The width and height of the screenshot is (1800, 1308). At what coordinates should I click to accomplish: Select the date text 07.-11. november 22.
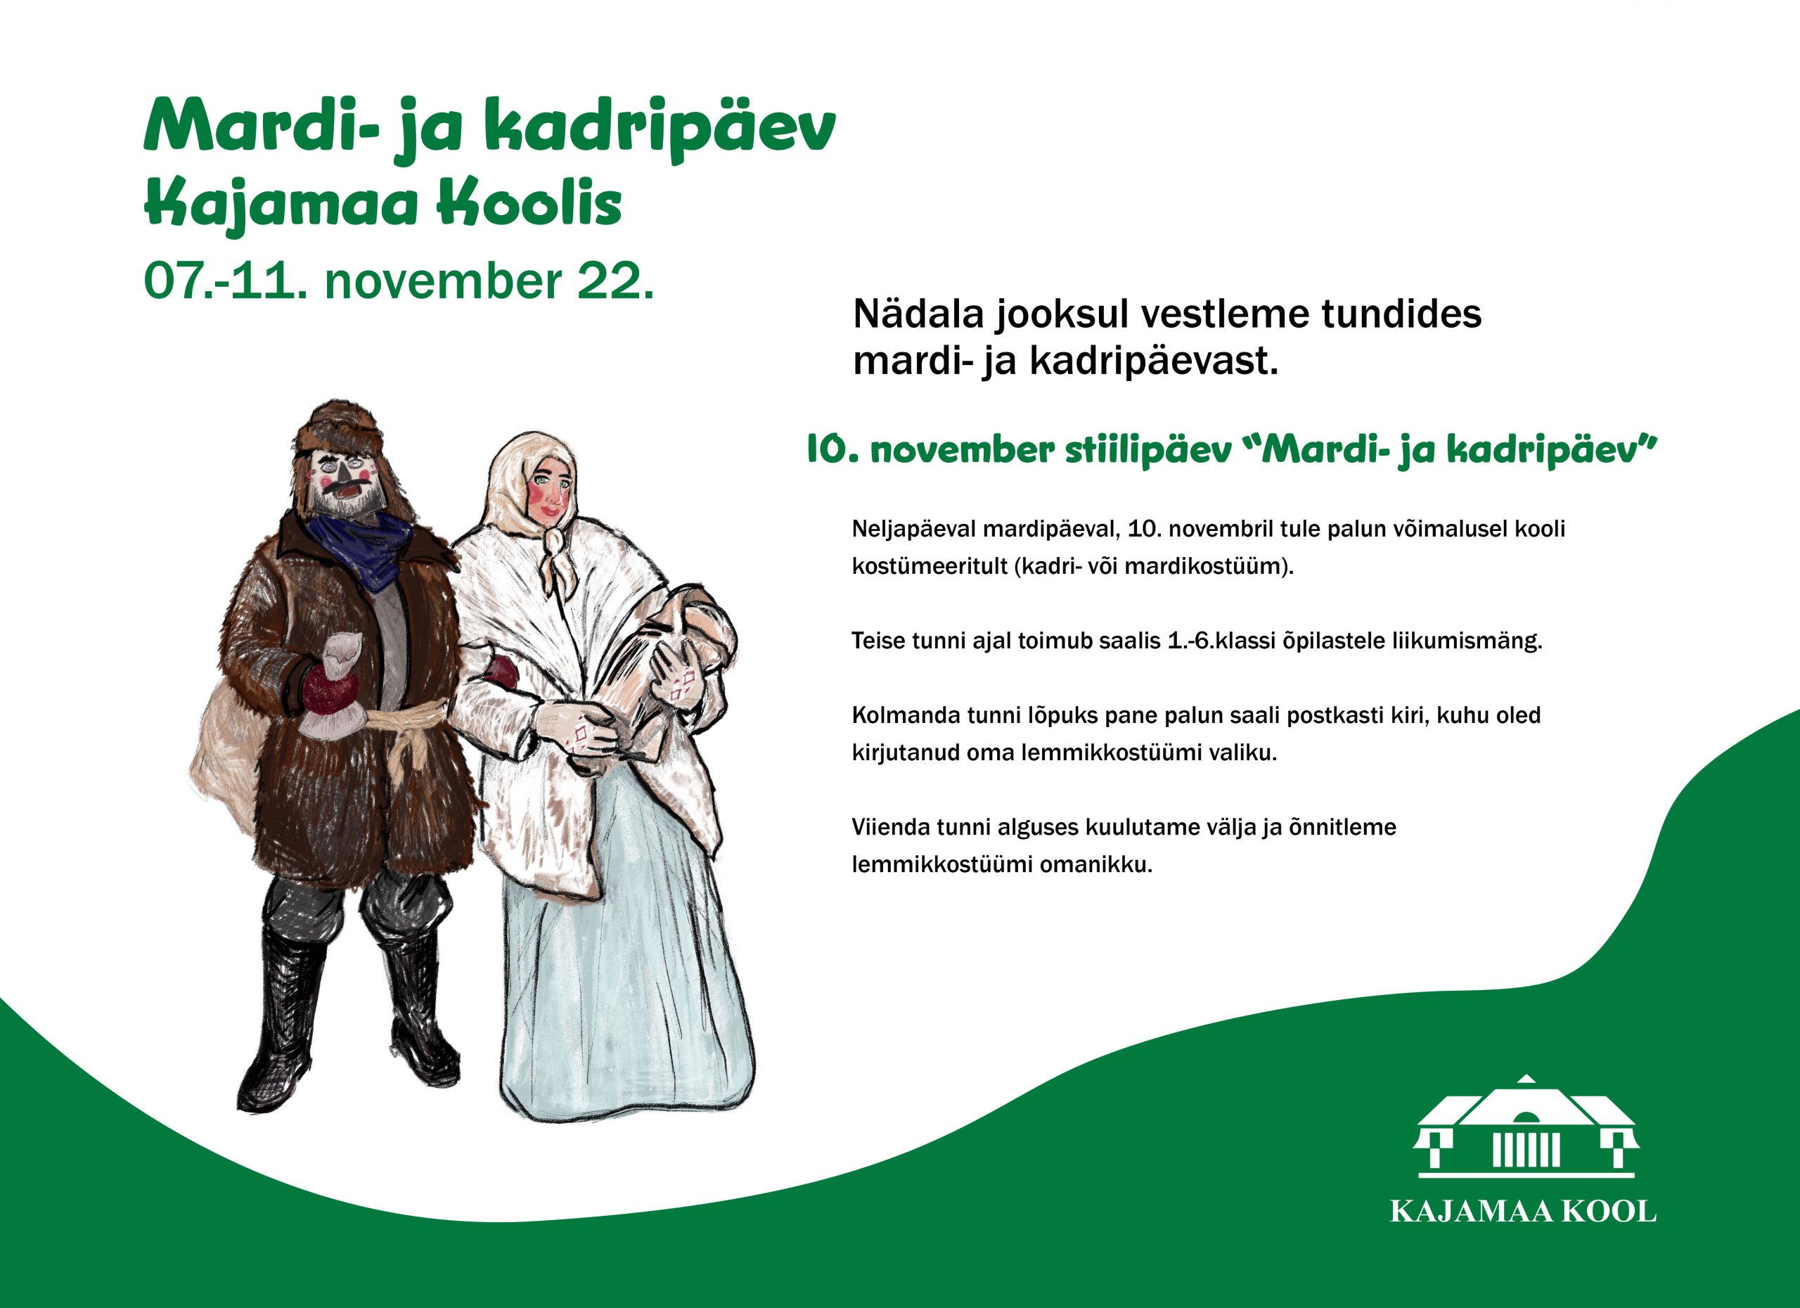tap(399, 281)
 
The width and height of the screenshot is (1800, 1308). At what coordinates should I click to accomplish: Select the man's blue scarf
tap(361, 548)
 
